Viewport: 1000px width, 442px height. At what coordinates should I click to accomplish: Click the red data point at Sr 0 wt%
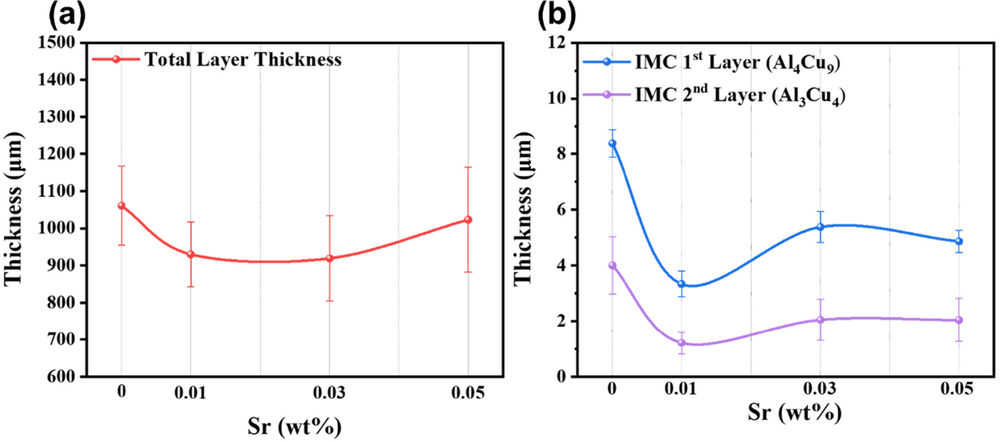click(x=122, y=205)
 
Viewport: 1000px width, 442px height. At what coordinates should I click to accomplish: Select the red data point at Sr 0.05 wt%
click(x=468, y=220)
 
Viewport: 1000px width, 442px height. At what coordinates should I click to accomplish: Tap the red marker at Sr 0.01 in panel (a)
click(x=191, y=254)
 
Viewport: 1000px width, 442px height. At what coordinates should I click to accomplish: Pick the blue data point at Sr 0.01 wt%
click(x=681, y=284)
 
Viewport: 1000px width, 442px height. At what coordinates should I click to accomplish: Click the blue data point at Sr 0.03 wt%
click(x=820, y=227)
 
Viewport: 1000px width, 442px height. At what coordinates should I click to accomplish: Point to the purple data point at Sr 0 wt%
click(x=612, y=265)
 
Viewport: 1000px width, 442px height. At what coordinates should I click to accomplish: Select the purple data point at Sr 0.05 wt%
click(x=959, y=320)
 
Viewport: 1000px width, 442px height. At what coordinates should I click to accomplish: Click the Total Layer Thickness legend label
click(x=243, y=60)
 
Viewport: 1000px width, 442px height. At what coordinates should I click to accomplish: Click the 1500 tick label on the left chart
click(x=57, y=43)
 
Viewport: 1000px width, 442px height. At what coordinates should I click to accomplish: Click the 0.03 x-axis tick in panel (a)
click(x=329, y=393)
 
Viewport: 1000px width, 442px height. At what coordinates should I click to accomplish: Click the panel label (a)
click(x=67, y=15)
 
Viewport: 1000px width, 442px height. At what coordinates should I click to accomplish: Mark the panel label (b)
click(x=556, y=15)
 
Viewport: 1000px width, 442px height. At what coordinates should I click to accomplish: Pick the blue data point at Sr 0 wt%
click(x=612, y=143)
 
